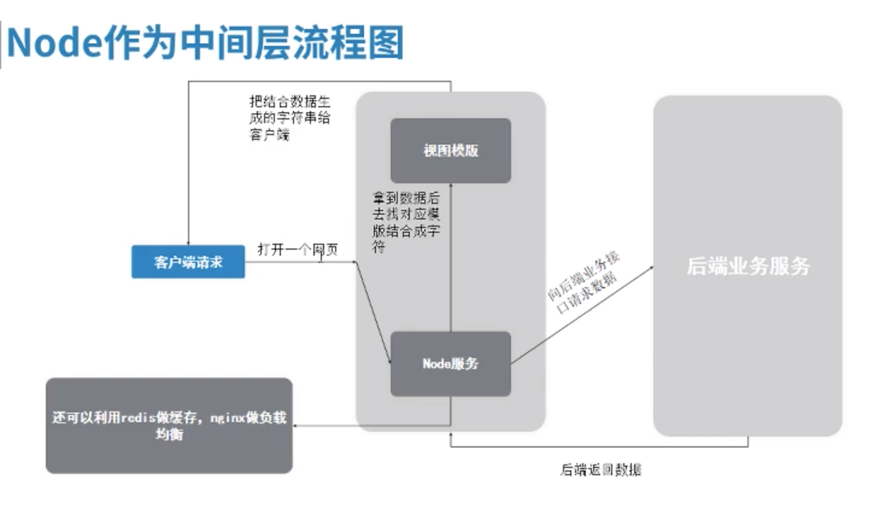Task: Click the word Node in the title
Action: pos(53,43)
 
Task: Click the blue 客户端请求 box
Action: pos(188,262)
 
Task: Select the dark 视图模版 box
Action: pos(450,150)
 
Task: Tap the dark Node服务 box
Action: pos(450,364)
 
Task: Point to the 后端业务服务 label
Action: pos(748,266)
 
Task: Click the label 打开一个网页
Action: pos(297,249)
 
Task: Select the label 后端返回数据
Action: pos(600,469)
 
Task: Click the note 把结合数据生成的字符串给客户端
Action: pos(289,118)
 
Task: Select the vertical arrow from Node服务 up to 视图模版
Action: pos(451,259)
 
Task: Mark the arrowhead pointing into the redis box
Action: pos(296,426)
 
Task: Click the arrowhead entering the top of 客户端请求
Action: pos(189,242)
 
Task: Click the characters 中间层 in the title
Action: pos(236,43)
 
